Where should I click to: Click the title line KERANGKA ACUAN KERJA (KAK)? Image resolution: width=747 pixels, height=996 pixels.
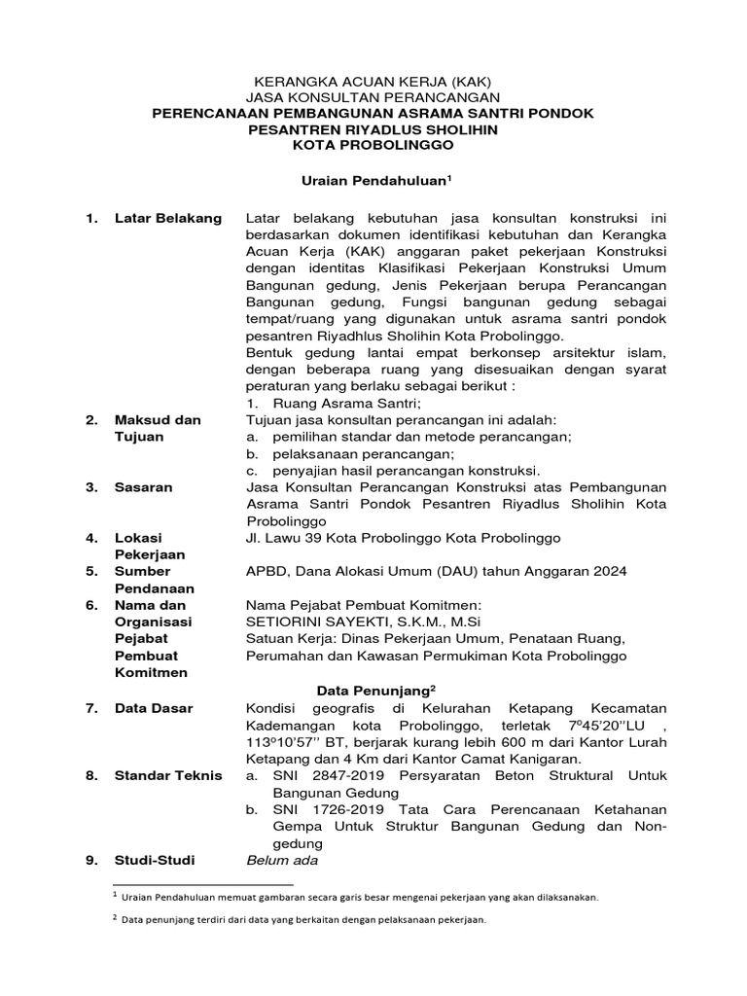374,82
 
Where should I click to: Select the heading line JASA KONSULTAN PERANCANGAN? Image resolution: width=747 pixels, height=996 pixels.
374,97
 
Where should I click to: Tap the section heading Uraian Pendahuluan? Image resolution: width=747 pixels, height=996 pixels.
372,181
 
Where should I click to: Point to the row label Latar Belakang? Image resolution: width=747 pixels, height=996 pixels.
167,217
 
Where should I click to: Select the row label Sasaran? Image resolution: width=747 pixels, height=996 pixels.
144,487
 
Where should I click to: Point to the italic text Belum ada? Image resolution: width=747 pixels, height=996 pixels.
282,860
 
